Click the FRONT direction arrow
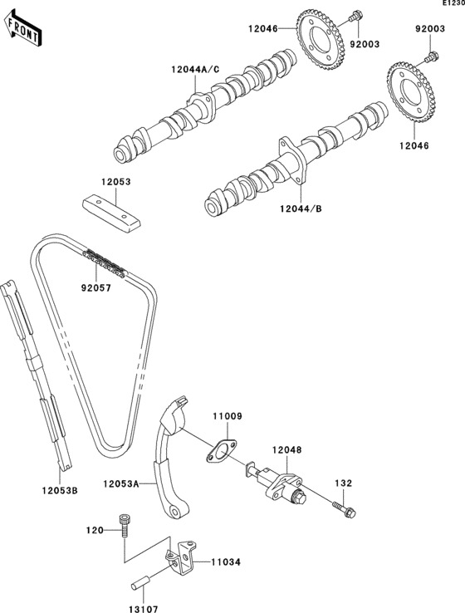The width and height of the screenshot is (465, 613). (22, 28)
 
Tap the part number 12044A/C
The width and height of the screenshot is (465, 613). (195, 70)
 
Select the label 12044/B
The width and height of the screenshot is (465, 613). (301, 208)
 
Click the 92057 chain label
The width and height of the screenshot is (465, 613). (96, 288)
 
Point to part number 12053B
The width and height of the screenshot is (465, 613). (60, 490)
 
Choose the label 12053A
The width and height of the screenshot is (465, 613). (121, 484)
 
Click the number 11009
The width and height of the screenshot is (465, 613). (228, 416)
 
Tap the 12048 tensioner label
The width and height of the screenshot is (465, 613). (287, 450)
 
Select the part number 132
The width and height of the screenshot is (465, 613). (344, 483)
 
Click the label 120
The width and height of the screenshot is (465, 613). (95, 530)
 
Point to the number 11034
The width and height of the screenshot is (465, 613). (226, 562)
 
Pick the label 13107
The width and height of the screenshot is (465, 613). (143, 609)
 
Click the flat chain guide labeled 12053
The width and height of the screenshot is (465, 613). (111, 213)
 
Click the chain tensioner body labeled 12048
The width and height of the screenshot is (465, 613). (277, 483)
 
